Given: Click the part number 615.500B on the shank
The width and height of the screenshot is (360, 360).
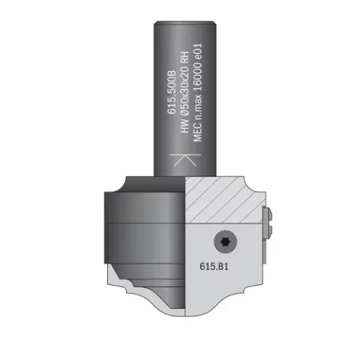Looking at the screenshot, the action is click(172, 92).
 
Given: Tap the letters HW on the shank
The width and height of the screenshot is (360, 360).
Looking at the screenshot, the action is click(184, 126).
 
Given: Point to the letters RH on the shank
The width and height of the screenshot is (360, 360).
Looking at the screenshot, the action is click(184, 57).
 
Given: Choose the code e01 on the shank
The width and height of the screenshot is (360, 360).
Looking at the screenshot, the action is click(197, 52).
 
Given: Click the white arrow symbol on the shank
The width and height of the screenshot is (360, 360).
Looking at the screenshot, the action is click(185, 160).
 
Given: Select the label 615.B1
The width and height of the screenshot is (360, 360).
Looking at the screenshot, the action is click(214, 266).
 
